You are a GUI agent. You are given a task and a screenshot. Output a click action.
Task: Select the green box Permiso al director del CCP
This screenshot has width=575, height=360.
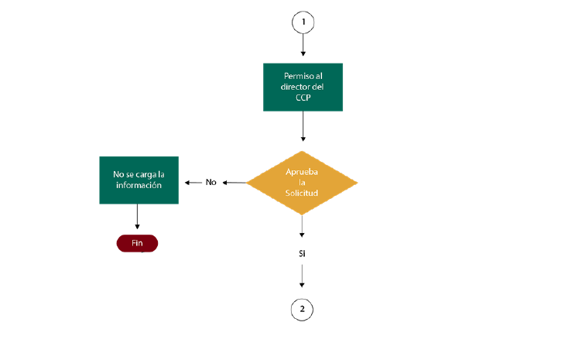point(303,87)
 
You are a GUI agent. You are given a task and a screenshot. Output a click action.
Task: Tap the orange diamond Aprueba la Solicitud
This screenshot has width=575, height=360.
point(302,183)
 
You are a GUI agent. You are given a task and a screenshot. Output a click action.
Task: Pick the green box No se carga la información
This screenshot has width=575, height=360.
point(139,180)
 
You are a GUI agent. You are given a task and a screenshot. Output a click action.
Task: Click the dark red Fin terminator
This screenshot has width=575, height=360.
point(137,243)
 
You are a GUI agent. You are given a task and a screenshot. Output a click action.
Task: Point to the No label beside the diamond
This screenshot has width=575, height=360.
point(210,183)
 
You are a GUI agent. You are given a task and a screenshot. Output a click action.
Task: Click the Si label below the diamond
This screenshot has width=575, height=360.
point(302,254)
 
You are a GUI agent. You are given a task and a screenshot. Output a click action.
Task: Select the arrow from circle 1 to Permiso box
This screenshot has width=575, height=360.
point(303,45)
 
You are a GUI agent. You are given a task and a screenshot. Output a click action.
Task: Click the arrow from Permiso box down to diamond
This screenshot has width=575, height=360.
point(303,126)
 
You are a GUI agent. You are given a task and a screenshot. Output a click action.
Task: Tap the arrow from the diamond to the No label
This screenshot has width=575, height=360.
point(234,183)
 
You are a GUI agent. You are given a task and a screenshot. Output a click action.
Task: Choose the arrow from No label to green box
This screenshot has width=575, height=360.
point(193,183)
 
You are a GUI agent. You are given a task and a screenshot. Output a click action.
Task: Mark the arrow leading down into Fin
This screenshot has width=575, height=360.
point(137,217)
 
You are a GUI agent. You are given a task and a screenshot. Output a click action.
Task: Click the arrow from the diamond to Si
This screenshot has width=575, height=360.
point(302,226)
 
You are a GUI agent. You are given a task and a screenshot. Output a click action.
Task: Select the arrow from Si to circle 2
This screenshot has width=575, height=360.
point(302,276)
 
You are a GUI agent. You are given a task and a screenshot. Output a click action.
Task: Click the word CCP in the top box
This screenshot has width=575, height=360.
point(303,98)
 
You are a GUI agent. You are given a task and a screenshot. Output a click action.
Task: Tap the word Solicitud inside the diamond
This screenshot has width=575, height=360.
point(302,193)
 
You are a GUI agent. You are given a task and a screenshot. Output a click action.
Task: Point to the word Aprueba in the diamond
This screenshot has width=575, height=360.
point(302,172)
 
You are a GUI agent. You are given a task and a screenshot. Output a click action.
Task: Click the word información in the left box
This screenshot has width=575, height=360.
point(139,185)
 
